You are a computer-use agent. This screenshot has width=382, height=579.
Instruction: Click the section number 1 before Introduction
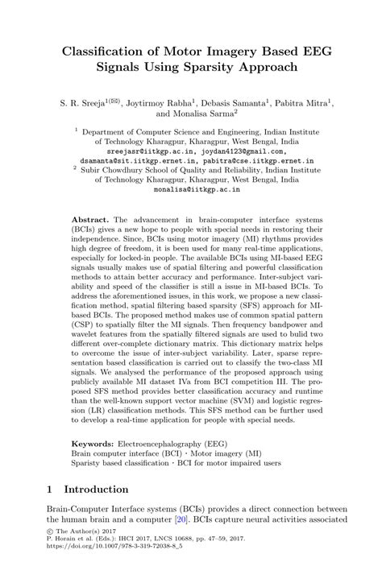pos(50,489)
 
